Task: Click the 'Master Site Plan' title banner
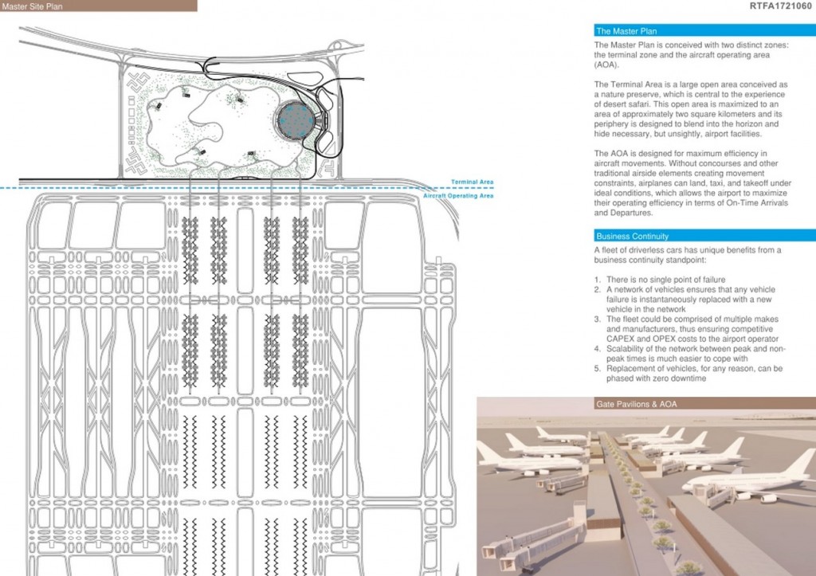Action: pyautogui.click(x=98, y=6)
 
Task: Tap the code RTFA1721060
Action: pyautogui.click(x=781, y=6)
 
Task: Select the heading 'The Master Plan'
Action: pyautogui.click(x=626, y=31)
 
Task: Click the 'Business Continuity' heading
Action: pyautogui.click(x=632, y=237)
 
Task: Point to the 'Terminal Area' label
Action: pyautogui.click(x=472, y=182)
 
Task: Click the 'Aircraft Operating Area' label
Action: pyautogui.click(x=458, y=196)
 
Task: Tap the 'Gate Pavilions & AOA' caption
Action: pyautogui.click(x=637, y=404)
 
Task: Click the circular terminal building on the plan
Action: pyautogui.click(x=296, y=120)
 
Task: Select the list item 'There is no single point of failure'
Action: pyautogui.click(x=665, y=280)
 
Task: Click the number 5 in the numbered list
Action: pyautogui.click(x=597, y=369)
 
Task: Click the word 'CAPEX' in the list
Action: pyautogui.click(x=619, y=339)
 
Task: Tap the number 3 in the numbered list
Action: pyautogui.click(x=597, y=319)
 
